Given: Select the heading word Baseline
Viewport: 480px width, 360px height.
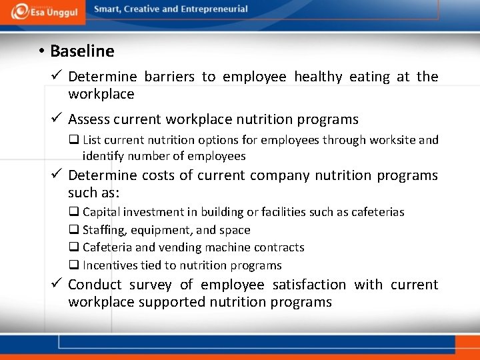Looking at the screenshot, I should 82,51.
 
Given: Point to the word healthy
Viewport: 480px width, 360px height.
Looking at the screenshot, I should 318,77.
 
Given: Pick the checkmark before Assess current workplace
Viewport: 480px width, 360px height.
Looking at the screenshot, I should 56,119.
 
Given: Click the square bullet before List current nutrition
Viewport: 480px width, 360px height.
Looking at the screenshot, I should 74,140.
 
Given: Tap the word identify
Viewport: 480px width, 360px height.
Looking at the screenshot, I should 103,157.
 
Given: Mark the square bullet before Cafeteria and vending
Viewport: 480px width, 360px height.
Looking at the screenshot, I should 74,247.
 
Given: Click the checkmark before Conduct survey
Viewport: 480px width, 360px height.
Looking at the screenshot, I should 56,284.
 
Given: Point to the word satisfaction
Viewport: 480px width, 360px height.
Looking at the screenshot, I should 307,285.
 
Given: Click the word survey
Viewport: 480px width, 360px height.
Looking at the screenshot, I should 151,285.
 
